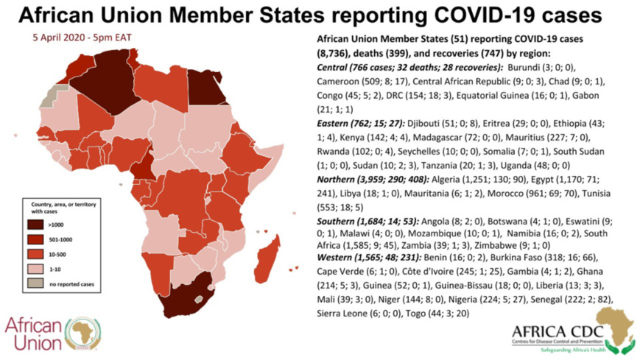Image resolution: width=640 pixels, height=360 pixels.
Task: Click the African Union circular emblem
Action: (x=82, y=333)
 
